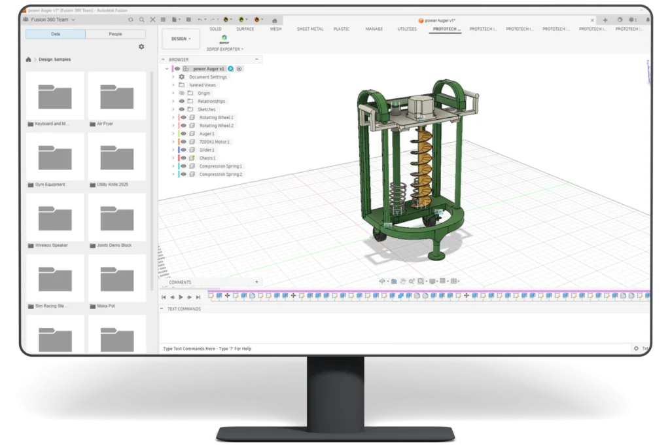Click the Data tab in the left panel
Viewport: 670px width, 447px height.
pyautogui.click(x=56, y=34)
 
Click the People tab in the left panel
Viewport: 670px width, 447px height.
pyautogui.click(x=115, y=34)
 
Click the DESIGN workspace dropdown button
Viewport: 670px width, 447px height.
pyautogui.click(x=181, y=39)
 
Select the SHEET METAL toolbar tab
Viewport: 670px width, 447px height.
pyautogui.click(x=309, y=29)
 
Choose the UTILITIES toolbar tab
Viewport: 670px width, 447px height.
pyautogui.click(x=407, y=29)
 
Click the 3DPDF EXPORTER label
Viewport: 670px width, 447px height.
pyautogui.click(x=224, y=49)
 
